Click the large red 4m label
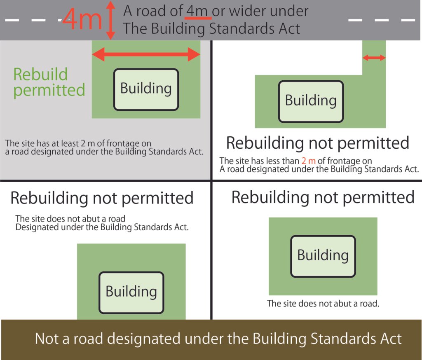pyautogui.click(x=82, y=19)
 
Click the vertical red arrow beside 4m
pyautogui.click(x=110, y=20)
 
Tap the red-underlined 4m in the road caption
pyautogui.click(x=197, y=11)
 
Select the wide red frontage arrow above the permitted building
pyautogui.click(x=146, y=54)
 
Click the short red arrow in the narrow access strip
pyautogui.click(x=374, y=57)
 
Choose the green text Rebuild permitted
pyautogui.click(x=49, y=82)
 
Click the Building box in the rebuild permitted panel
pyautogui.click(x=146, y=89)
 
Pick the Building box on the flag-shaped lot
pyautogui.click(x=311, y=101)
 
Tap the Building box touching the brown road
pyautogui.click(x=131, y=292)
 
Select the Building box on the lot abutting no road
pyautogui.click(x=323, y=256)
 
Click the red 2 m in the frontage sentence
pyautogui.click(x=308, y=161)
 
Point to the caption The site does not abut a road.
pyautogui.click(x=323, y=304)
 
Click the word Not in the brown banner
pyautogui.click(x=47, y=339)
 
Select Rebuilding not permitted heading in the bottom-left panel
pyautogui.click(x=102, y=198)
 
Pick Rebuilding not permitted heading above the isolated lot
pyautogui.click(x=323, y=197)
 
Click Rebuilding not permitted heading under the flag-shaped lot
pyautogui.click(x=318, y=143)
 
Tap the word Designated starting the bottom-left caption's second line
pyautogui.click(x=37, y=227)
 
